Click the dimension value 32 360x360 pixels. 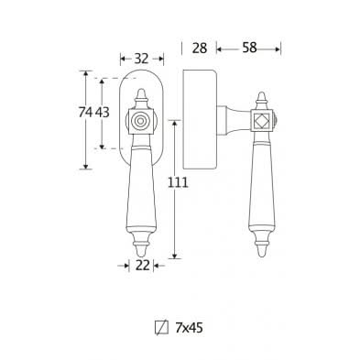pos(141,59)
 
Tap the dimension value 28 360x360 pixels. pos(200,49)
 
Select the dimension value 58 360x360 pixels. pos(249,48)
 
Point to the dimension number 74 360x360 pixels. pos(85,113)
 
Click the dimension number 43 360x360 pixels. pos(102,113)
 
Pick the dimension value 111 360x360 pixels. pos(178,182)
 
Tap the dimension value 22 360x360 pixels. pos(143,266)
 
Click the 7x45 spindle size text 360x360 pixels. pos(189,328)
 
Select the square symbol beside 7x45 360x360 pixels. pos(162,328)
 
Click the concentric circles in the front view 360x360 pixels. pos(140,122)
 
